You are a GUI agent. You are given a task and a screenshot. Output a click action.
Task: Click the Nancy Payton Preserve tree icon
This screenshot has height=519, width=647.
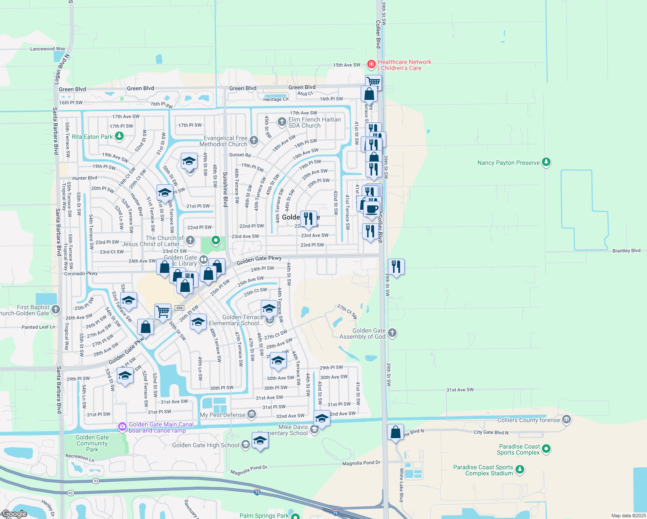point(546,162)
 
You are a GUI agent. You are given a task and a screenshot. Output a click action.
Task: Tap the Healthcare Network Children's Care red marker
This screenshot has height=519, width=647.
point(371,64)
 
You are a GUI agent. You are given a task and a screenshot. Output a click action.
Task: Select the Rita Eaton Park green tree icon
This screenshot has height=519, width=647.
point(119,136)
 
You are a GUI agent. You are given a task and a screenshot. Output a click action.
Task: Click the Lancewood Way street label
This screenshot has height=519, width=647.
point(48,49)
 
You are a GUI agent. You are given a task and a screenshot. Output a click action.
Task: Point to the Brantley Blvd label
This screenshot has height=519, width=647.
point(626,251)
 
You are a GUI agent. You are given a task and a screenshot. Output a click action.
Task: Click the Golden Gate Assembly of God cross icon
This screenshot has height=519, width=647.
point(392,333)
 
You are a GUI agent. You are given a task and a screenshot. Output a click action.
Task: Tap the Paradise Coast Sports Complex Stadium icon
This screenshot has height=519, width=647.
point(520,469)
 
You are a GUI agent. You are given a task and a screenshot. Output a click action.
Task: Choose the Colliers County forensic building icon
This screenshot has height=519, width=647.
point(567,420)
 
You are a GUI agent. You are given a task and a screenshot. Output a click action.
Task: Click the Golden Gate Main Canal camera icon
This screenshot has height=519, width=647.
point(122,427)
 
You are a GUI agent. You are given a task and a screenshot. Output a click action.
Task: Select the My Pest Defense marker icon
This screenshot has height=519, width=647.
point(252,415)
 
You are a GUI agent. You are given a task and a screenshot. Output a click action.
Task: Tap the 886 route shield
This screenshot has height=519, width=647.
point(180,308)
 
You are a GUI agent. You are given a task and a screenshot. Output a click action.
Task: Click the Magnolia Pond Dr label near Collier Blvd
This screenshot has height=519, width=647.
point(361,463)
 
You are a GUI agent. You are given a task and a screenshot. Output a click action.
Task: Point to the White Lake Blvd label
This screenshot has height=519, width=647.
point(401,484)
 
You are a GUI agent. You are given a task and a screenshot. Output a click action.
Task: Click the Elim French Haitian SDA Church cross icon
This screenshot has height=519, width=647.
point(282,122)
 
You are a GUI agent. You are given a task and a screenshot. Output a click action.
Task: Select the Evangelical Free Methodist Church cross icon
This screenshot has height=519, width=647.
point(254,140)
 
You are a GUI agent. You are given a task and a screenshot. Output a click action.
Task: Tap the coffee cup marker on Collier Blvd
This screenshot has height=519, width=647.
point(372,209)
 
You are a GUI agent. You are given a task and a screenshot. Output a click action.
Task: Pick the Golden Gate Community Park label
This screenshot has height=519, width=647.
point(92,443)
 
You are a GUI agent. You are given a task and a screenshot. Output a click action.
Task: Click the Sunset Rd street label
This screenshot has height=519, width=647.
point(240,155)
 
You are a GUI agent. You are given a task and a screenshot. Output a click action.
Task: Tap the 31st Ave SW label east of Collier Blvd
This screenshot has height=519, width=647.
point(460,390)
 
